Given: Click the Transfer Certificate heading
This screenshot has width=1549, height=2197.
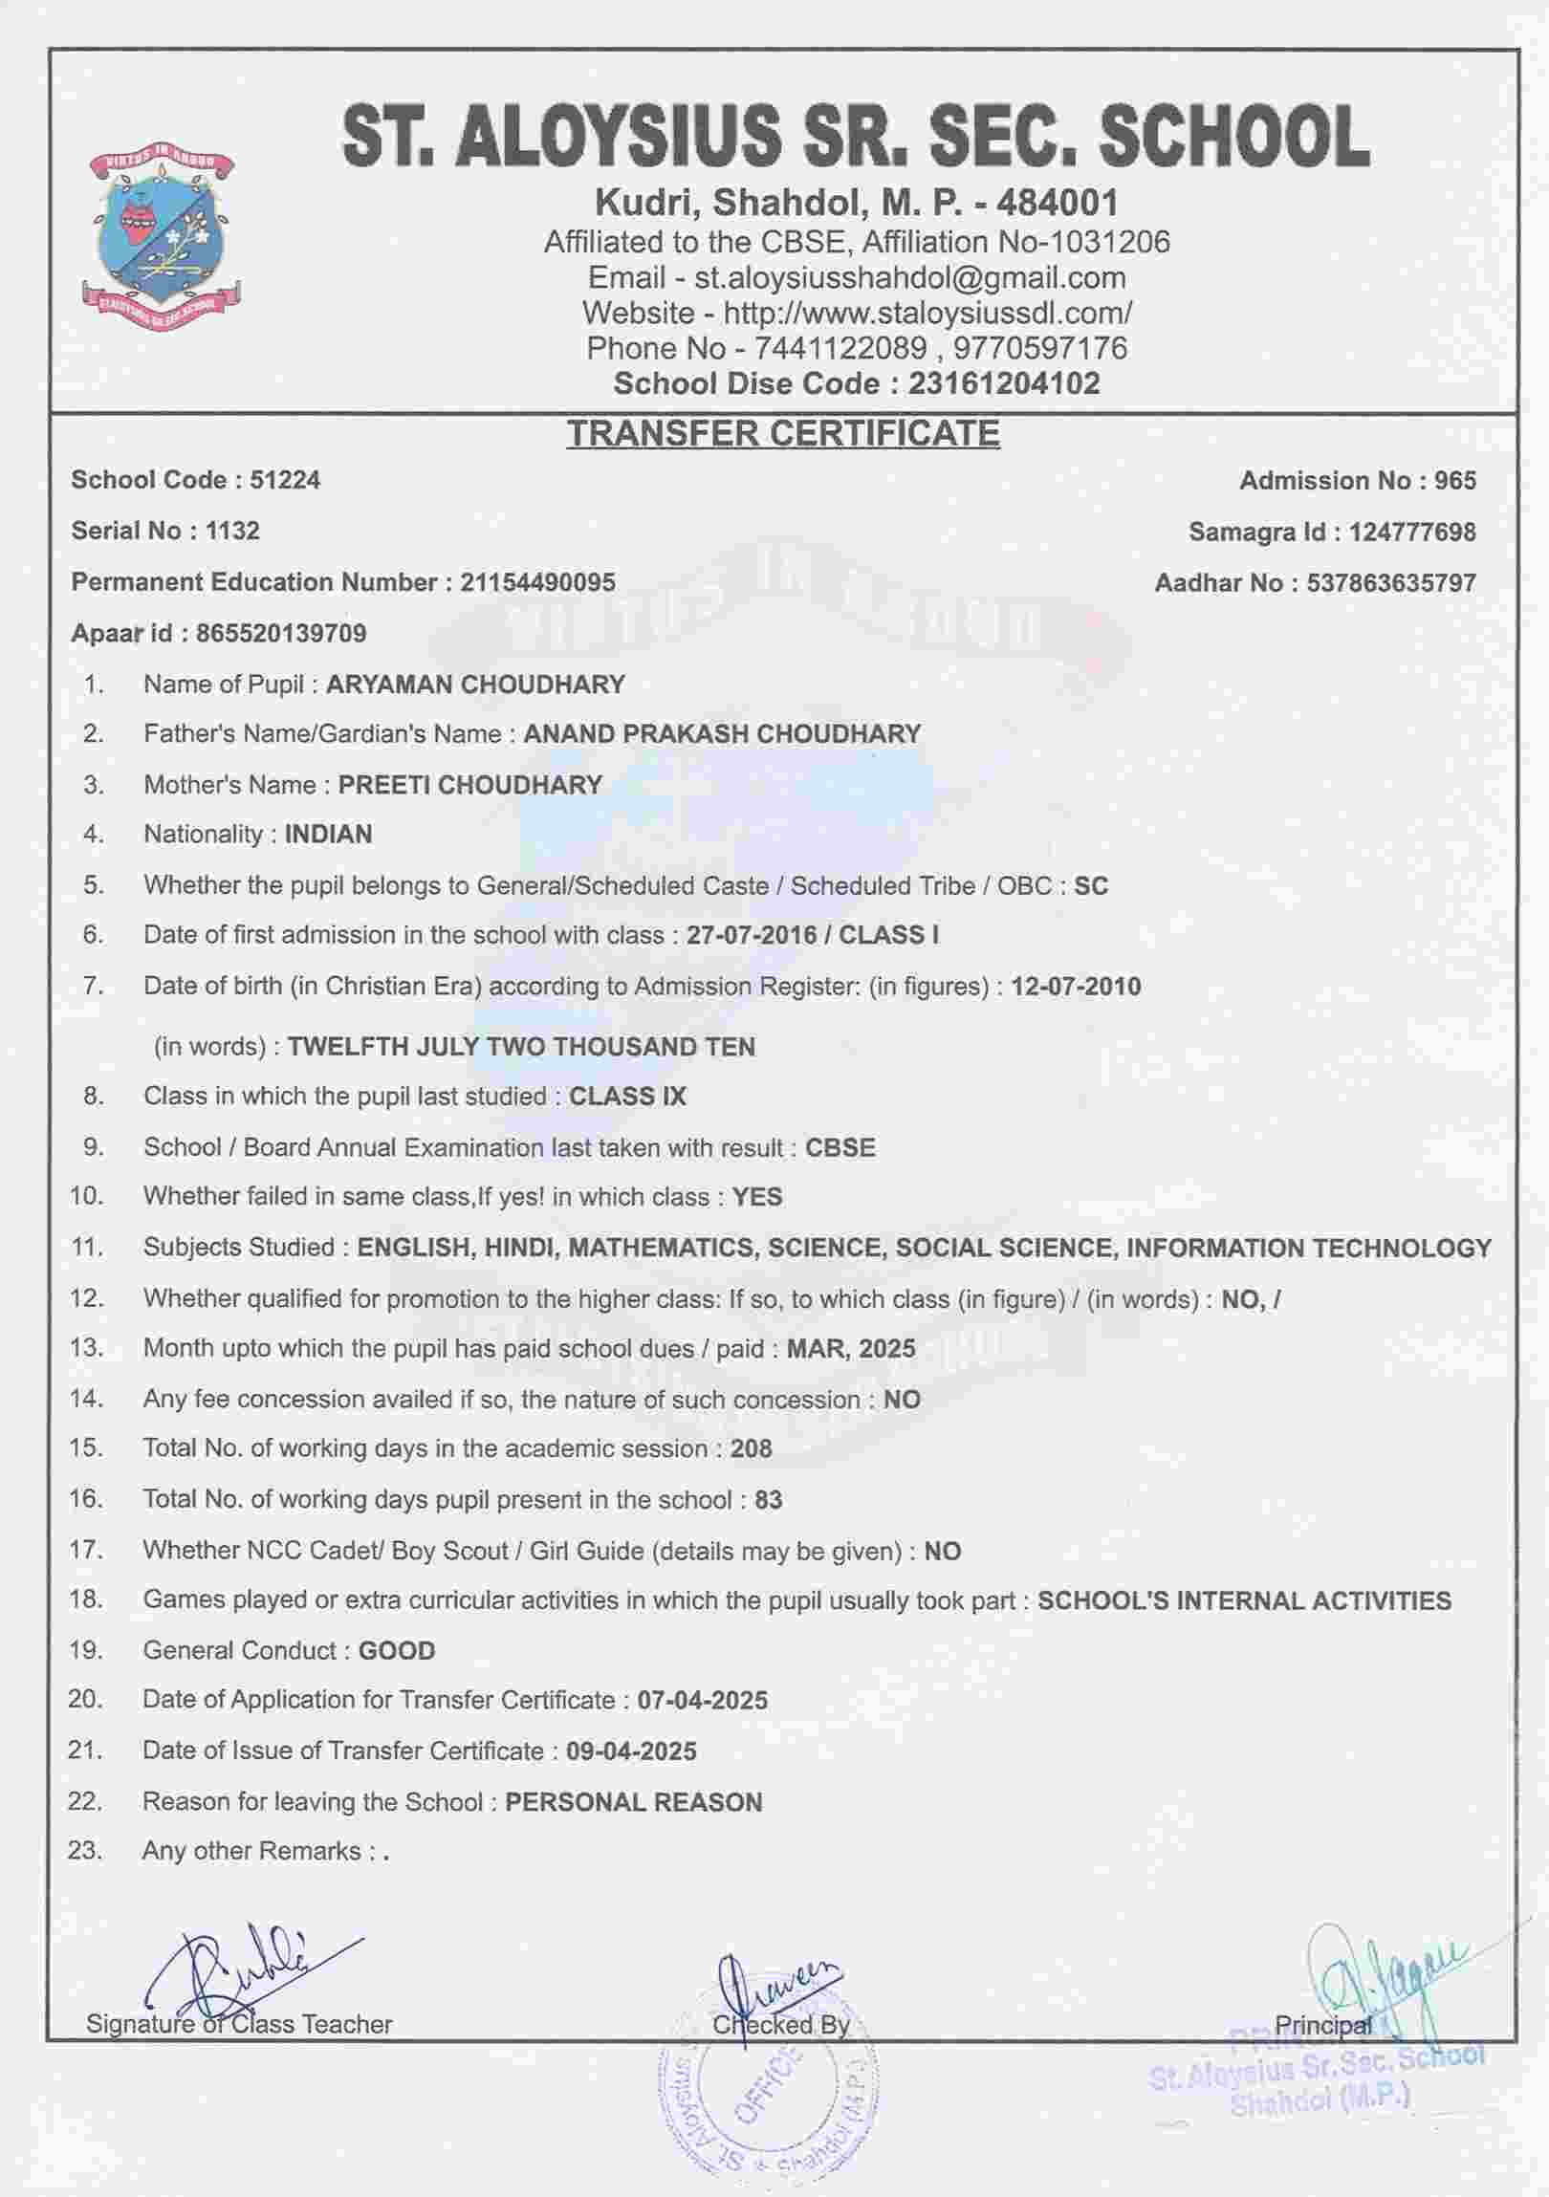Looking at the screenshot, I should click(x=783, y=433).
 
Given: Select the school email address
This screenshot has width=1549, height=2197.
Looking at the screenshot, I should click(x=909, y=278).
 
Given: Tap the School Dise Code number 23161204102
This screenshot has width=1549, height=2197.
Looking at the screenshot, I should click(x=1004, y=383).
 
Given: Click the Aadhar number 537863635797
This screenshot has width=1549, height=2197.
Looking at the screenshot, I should click(x=1391, y=583).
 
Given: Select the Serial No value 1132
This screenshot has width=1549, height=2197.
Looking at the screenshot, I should click(x=232, y=531).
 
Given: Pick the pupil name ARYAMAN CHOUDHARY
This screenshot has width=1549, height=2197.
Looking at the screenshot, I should click(x=475, y=685).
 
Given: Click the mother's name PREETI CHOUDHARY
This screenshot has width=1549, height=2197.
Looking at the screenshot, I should click(x=469, y=786).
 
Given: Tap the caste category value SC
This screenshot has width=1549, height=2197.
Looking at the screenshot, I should click(x=1091, y=886).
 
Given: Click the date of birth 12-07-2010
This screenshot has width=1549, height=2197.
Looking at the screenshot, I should click(x=1076, y=987).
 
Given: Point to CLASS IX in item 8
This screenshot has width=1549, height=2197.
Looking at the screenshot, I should click(x=627, y=1097).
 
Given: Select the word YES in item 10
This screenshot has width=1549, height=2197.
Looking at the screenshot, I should click(x=756, y=1197).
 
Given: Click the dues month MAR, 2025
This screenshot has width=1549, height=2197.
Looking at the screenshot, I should click(x=851, y=1348).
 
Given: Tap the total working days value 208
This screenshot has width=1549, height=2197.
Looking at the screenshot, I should click(x=751, y=1448).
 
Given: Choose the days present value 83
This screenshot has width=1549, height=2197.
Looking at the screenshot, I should click(x=768, y=1499).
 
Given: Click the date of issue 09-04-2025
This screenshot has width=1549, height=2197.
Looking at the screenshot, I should click(x=631, y=1751).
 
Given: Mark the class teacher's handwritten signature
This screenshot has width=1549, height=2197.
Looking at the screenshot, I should click(x=239, y=1971).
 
